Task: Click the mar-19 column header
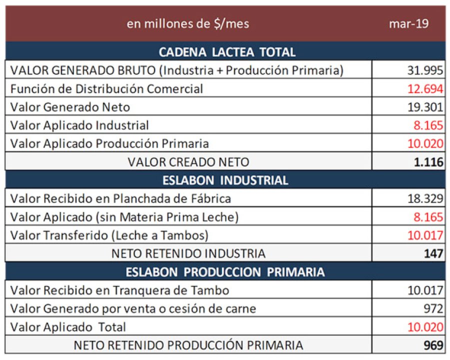(408, 24)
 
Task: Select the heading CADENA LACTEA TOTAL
(227, 52)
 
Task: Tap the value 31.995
(425, 70)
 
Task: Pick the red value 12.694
(425, 89)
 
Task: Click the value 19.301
(425, 107)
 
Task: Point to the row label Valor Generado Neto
(70, 107)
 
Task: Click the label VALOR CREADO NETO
(188, 162)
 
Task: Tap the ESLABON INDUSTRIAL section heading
(227, 180)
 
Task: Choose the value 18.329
(425, 198)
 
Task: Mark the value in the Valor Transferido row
(425, 235)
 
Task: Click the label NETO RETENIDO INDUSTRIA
(188, 253)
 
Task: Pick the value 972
(433, 308)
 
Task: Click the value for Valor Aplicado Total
(425, 327)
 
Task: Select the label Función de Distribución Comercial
(106, 89)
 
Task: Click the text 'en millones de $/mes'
(188, 24)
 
